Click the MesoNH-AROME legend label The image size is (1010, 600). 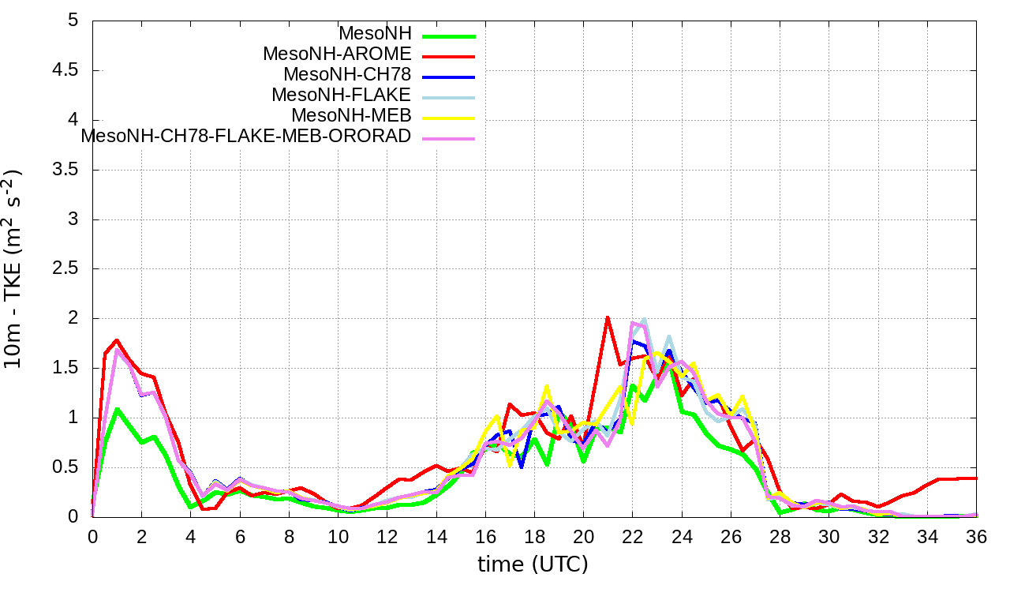[337, 54]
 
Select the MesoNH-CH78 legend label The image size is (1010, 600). [347, 75]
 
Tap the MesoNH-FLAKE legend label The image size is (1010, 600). [341, 96]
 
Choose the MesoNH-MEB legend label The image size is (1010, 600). [351, 116]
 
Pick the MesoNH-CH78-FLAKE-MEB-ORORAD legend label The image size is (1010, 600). [246, 136]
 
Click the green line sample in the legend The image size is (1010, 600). [449, 36]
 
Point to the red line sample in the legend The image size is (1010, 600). [449, 56]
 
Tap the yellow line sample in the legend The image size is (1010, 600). [449, 118]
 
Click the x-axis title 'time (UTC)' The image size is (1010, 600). [533, 564]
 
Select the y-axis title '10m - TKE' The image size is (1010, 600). [14, 268]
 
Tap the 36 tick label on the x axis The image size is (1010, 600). [977, 536]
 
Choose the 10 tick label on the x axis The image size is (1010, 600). [339, 536]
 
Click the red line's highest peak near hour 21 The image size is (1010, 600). [608, 317]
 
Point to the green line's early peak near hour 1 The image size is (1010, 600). [117, 409]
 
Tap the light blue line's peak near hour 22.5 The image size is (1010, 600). [645, 319]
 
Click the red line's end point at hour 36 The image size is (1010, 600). [977, 478]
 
